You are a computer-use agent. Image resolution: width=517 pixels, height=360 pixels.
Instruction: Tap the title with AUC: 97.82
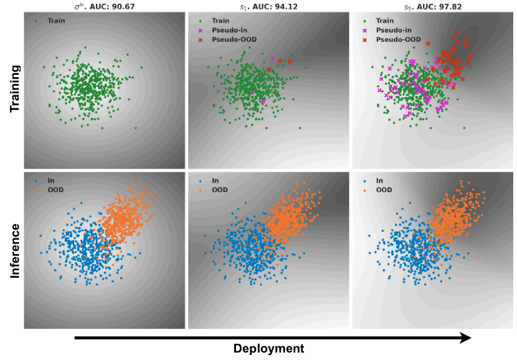tap(433, 6)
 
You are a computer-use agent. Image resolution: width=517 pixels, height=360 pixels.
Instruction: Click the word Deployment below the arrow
tap(269, 349)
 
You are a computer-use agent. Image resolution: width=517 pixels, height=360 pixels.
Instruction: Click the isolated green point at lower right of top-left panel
tap(136, 129)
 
